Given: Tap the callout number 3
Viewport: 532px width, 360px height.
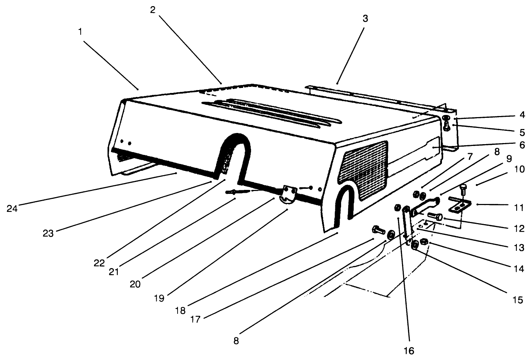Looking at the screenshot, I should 365,19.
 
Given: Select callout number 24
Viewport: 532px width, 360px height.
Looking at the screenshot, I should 12,208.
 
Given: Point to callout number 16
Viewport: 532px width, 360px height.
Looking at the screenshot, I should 409,350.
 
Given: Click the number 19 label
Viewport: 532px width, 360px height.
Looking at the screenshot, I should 159,298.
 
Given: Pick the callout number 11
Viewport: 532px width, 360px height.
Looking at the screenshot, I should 518,208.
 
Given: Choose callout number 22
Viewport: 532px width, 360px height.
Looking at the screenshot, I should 99,263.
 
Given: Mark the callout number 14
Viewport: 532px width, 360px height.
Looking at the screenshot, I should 519,268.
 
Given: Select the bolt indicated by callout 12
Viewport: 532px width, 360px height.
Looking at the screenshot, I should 435,217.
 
